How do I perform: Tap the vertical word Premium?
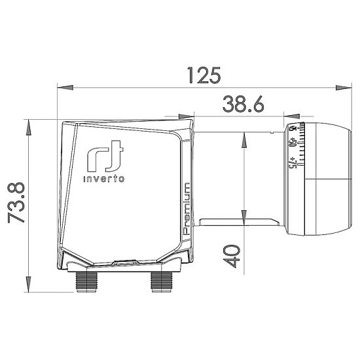(187, 209)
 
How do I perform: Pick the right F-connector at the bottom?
(161, 282)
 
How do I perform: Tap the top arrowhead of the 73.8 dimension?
(29, 123)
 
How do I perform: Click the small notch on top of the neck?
(270, 131)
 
